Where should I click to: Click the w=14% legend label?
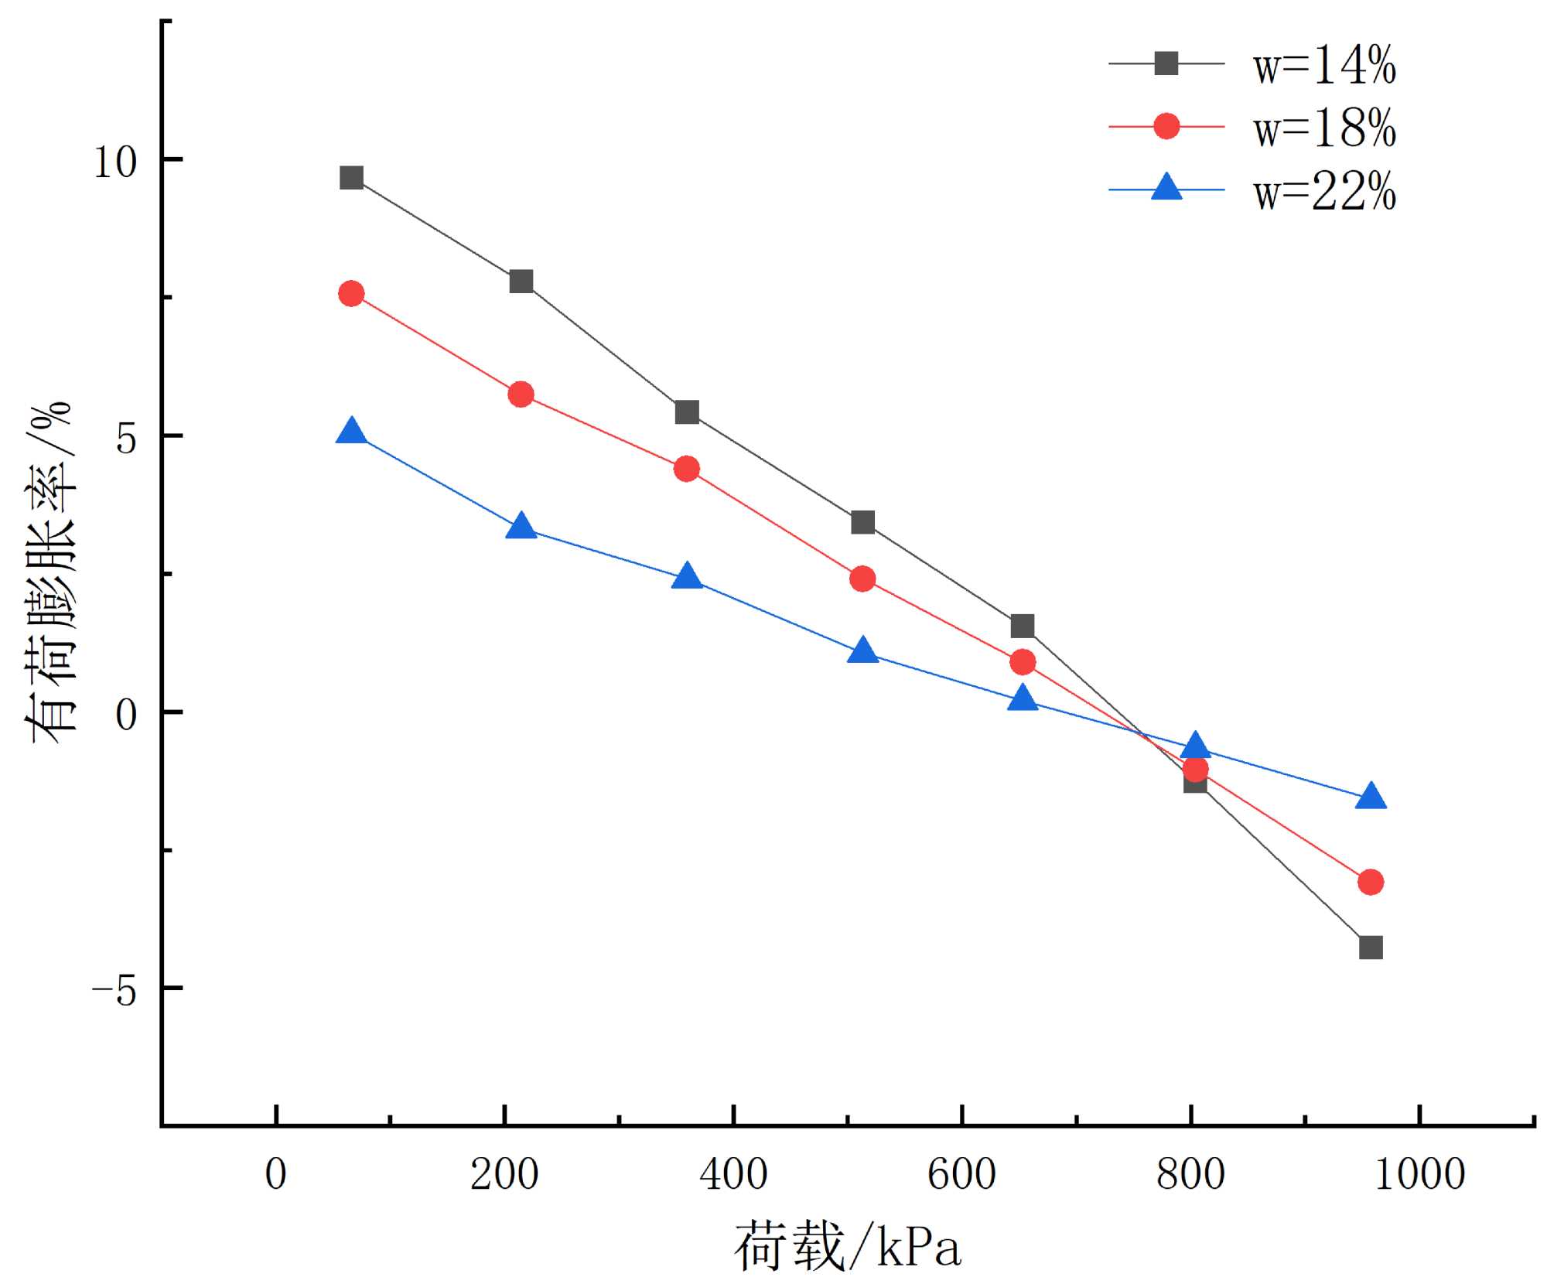(x=1324, y=64)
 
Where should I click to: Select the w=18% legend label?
(x=1324, y=128)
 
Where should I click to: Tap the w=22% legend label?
(x=1324, y=191)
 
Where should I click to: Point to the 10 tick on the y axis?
(x=115, y=161)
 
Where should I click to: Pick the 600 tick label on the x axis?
(x=961, y=1175)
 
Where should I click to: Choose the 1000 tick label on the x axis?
(x=1419, y=1175)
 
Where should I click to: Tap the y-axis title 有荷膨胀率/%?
(x=50, y=572)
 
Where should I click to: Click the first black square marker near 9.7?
(x=351, y=178)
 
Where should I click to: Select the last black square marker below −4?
(x=1370, y=947)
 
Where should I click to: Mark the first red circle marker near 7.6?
(x=351, y=294)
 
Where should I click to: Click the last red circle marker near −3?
(x=1370, y=882)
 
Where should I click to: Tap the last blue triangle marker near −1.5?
(x=1371, y=797)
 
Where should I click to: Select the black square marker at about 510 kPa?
(x=862, y=522)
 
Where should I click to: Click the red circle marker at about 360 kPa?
(x=686, y=469)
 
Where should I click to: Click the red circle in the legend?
(x=1166, y=126)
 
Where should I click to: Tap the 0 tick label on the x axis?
(x=276, y=1175)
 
